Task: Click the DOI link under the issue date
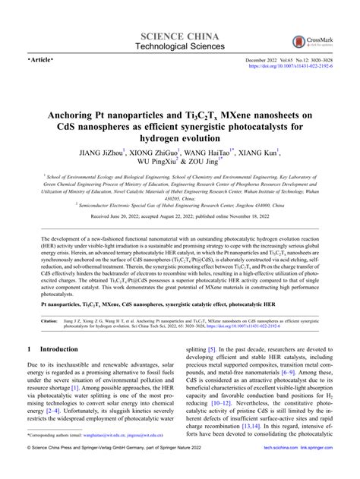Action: click(x=289, y=65)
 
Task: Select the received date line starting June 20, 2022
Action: click(x=179, y=216)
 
